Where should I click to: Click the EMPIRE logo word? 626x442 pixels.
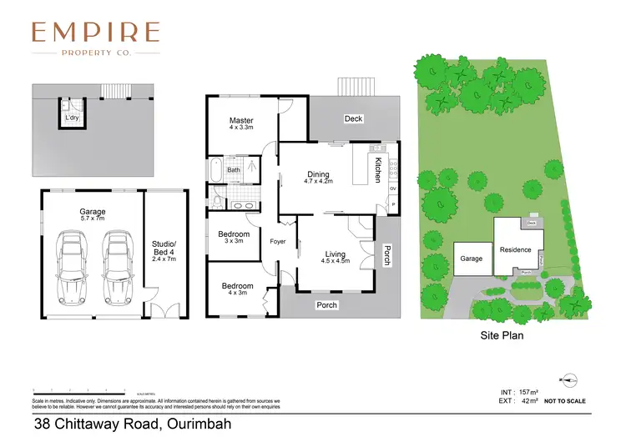(x=95, y=33)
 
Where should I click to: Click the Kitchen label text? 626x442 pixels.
(x=377, y=169)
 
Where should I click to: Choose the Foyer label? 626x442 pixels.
(x=278, y=243)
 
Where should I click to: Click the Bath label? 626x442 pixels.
(x=234, y=169)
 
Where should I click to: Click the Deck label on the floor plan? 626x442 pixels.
(x=353, y=118)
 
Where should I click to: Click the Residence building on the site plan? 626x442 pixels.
(x=515, y=249)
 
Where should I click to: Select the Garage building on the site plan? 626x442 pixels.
(x=472, y=259)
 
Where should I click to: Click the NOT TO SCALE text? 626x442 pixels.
(x=565, y=401)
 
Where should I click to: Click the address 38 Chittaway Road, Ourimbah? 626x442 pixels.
(x=126, y=424)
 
